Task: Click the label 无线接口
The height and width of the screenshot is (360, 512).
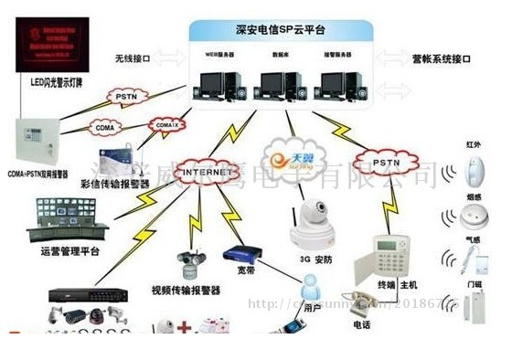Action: (x=133, y=58)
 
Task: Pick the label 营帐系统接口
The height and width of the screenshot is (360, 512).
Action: (x=441, y=58)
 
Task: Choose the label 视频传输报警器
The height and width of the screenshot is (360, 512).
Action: (x=186, y=291)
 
